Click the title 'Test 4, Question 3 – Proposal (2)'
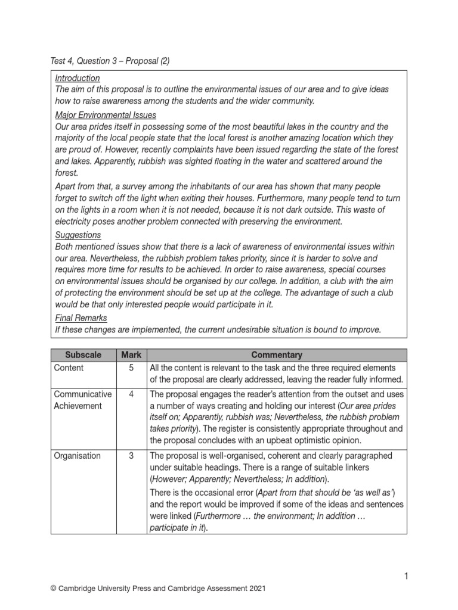click(113, 61)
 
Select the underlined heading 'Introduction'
click(78, 78)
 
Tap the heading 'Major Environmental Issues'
click(106, 115)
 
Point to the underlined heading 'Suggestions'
click(78, 235)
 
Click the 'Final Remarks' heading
click(81, 318)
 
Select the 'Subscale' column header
click(83, 354)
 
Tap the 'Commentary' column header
click(277, 354)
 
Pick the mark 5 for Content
click(131, 368)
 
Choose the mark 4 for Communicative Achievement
click(131, 394)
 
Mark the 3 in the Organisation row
click(131, 456)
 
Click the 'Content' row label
click(69, 368)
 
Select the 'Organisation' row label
click(77, 456)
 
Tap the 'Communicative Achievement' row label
click(82, 400)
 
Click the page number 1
click(406, 575)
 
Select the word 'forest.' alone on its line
click(67, 173)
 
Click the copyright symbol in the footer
click(54, 589)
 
